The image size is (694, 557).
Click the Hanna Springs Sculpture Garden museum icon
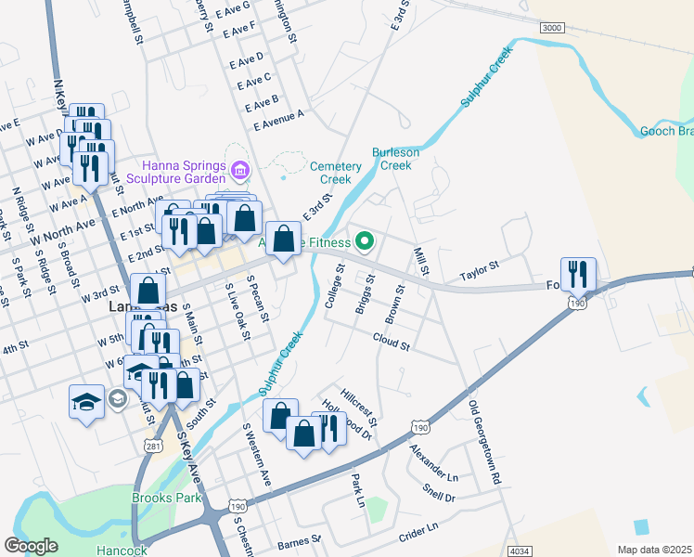click(240, 170)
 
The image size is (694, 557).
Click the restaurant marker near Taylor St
click(578, 274)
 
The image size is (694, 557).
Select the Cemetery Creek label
click(335, 172)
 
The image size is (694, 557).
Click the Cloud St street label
click(392, 344)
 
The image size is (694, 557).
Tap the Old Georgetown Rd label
click(485, 443)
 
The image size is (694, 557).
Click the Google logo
click(31, 546)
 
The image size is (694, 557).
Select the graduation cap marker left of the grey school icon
click(86, 402)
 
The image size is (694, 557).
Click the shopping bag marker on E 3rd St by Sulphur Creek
click(283, 240)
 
